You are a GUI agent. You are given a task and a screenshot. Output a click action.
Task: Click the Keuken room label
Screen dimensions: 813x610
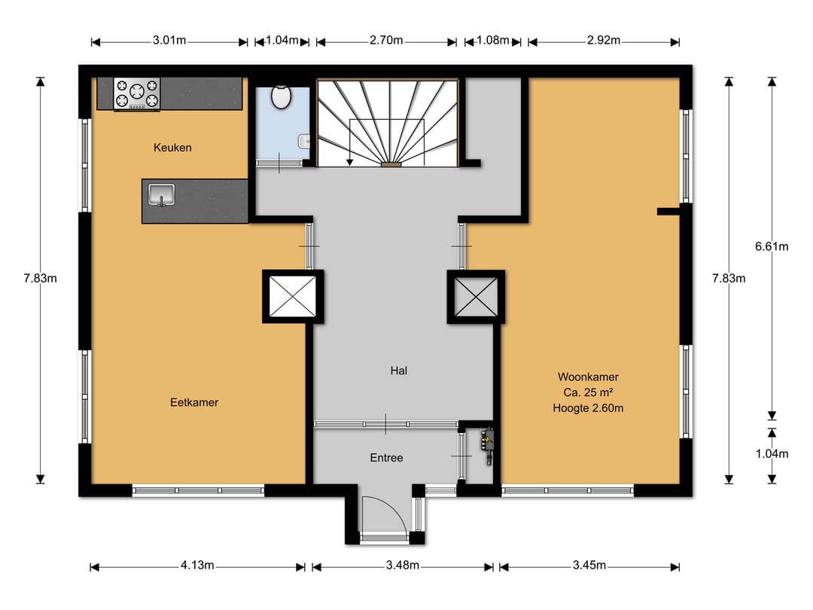(x=172, y=148)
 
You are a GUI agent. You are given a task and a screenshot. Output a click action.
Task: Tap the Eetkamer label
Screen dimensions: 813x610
(x=194, y=402)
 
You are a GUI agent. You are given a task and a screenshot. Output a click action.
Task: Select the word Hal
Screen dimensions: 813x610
(x=399, y=371)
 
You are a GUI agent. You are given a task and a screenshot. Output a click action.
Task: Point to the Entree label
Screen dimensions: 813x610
(x=386, y=458)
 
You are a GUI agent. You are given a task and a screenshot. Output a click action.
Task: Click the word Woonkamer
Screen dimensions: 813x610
(x=588, y=377)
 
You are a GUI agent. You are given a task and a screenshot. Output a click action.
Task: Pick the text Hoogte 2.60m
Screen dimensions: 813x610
(x=588, y=408)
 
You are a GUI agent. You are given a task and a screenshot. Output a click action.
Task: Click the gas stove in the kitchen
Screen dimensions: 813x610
(x=137, y=93)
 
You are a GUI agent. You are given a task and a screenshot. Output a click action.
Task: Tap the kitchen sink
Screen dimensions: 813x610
(x=161, y=195)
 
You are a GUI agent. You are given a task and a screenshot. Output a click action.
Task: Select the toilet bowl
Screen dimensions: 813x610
(x=282, y=97)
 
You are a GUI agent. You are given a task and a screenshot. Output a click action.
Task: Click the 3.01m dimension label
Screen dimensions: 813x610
(x=169, y=41)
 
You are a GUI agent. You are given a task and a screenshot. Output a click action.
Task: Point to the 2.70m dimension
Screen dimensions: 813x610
(x=385, y=41)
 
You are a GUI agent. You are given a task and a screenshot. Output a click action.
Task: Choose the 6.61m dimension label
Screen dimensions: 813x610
(x=772, y=247)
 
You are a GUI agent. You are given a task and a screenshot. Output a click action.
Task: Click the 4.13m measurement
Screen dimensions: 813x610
(x=197, y=566)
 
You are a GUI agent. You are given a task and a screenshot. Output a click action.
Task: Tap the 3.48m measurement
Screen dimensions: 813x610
(x=402, y=566)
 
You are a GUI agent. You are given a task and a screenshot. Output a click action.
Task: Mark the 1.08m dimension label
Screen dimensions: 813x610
(x=492, y=41)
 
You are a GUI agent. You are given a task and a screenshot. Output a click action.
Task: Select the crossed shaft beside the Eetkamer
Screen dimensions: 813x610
(x=293, y=296)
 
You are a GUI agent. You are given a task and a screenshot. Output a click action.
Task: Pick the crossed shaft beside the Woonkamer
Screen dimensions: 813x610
(x=476, y=297)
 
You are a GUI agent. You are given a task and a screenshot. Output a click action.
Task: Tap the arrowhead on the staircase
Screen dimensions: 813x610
(x=350, y=163)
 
